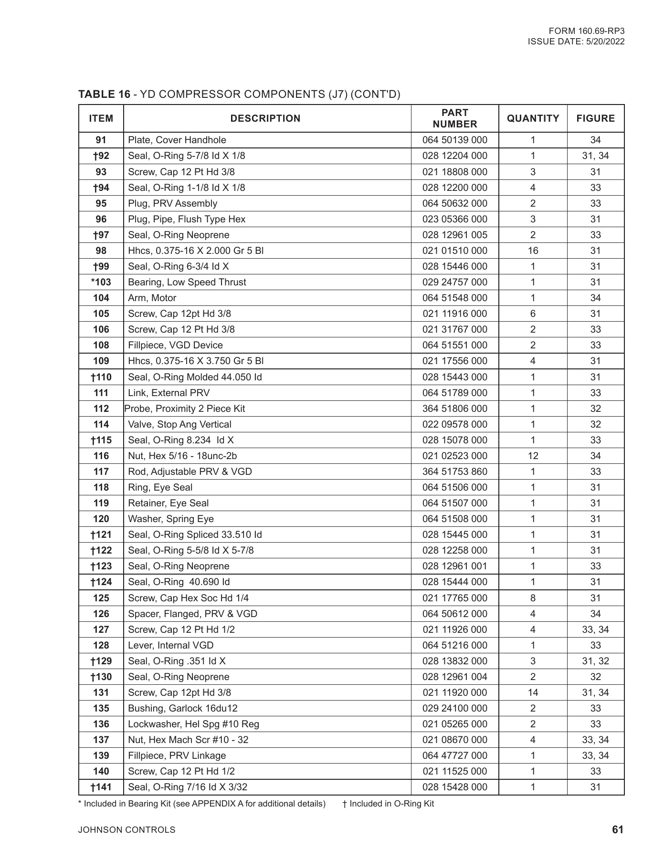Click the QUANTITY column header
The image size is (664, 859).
pos(533,118)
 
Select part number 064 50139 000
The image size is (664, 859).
pos(454,140)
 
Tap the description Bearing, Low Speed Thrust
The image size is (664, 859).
pos(187,282)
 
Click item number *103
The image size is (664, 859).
pos(101,282)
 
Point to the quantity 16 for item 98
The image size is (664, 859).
pos(533,251)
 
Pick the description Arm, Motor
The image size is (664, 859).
pos(152,298)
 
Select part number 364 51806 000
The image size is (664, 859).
pos(454,409)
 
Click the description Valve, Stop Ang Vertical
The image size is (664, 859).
pos(179,424)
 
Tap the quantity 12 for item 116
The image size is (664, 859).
pos(533,456)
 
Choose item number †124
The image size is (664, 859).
pos(101,582)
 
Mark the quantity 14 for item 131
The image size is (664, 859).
pos(533,692)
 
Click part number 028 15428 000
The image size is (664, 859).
pos(454,787)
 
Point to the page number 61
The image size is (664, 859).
pos(617,829)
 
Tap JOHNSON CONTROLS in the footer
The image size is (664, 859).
pos(126,830)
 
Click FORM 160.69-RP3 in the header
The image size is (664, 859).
pos(590,31)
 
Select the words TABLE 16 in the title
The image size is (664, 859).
pos(104,94)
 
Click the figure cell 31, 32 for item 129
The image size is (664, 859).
pos(595,661)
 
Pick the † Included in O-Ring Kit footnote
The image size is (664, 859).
pos(388,804)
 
